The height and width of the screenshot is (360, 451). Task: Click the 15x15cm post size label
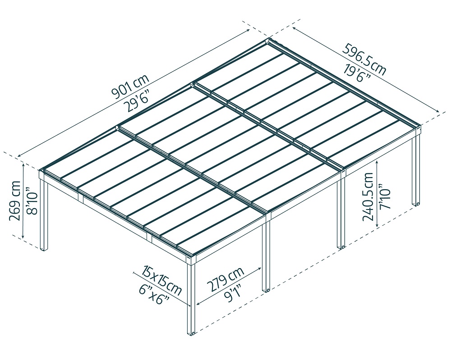[162, 281]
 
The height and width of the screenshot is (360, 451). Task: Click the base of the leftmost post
[44, 248]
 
